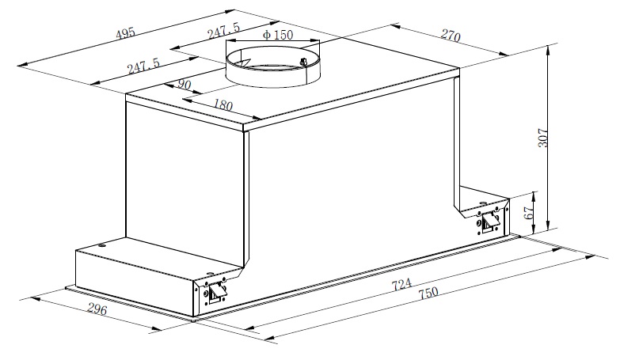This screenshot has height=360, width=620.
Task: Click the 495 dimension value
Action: click(125, 32)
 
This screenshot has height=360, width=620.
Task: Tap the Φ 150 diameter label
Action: click(278, 35)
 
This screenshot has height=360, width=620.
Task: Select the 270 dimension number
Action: click(451, 36)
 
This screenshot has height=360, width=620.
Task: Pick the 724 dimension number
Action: click(401, 284)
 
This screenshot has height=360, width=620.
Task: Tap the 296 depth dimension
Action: click(97, 309)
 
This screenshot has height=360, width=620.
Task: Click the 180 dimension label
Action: click(223, 104)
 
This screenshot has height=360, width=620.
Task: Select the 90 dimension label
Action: click(184, 84)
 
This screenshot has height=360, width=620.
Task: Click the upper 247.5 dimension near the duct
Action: click(223, 30)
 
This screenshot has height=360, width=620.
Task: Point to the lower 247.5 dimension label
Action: click(143, 66)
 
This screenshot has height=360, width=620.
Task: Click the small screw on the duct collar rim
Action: click(304, 62)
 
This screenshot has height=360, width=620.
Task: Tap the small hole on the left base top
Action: click(103, 247)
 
